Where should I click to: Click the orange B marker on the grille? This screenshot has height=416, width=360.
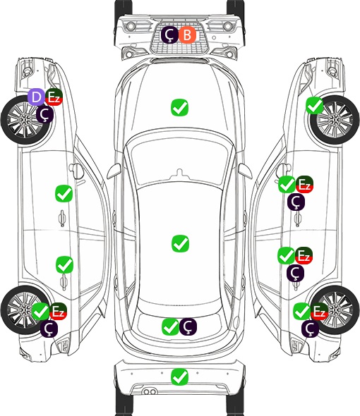click(187, 35)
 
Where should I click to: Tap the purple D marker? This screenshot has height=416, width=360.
click(37, 97)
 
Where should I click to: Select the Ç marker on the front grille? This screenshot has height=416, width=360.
click(169, 35)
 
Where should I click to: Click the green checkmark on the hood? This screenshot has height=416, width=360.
click(179, 107)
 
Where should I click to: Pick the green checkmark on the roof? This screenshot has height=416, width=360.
click(180, 243)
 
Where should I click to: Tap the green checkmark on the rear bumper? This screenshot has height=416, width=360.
click(179, 377)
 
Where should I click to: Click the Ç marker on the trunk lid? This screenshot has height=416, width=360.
click(188, 326)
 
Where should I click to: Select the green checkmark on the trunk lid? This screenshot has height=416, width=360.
click(170, 326)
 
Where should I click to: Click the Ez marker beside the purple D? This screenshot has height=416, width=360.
click(54, 97)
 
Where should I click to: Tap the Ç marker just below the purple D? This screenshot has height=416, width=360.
click(45, 114)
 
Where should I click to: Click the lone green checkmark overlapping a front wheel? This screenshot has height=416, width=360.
click(315, 106)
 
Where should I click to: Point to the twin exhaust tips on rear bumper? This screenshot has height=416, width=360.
click(150, 391)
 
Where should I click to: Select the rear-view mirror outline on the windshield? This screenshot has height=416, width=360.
click(179, 173)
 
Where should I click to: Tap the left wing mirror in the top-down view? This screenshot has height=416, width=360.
click(114, 171)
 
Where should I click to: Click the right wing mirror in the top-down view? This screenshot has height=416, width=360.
click(245, 171)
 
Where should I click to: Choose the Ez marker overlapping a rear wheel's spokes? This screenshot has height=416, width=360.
click(320, 312)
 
